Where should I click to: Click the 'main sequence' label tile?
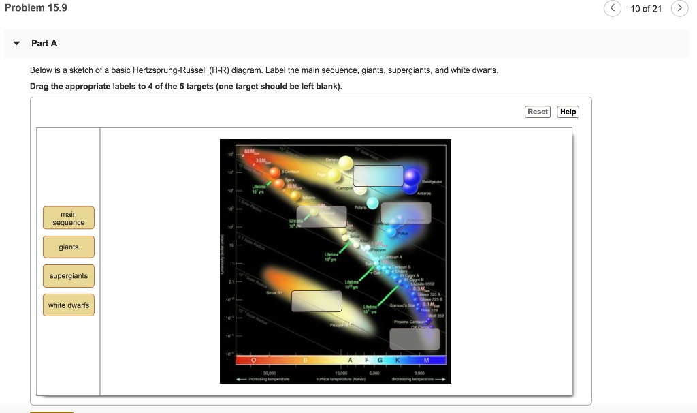tap(69, 218)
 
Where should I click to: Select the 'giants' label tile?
tap(69, 247)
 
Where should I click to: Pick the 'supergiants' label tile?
tap(69, 276)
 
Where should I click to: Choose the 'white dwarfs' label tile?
tap(69, 305)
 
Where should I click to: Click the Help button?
tap(568, 112)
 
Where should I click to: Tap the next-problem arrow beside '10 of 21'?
tap(679, 9)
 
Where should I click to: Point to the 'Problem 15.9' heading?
tap(36, 7)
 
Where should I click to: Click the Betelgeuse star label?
tap(432, 183)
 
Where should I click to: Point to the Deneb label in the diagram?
tap(332, 159)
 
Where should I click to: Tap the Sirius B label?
tap(274, 292)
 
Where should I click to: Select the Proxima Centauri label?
tap(410, 321)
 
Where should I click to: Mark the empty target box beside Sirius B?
tap(317, 301)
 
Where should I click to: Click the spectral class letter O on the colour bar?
tap(253, 359)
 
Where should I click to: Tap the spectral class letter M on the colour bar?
tap(427, 359)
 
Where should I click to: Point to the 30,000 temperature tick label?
tap(269, 373)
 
